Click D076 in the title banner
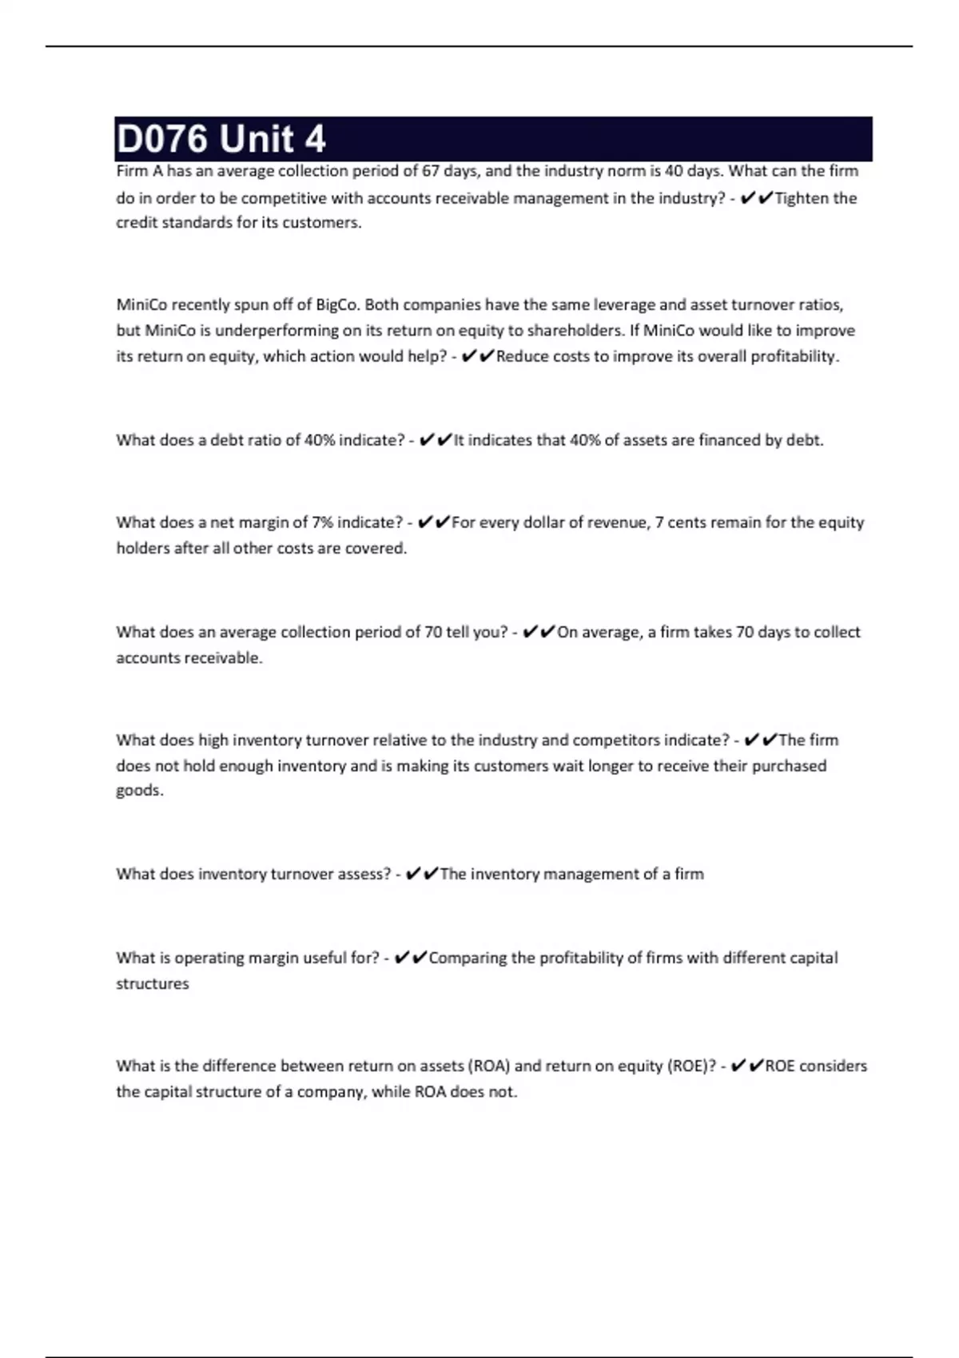coord(163,139)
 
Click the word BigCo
coord(336,304)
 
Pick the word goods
coord(139,791)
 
